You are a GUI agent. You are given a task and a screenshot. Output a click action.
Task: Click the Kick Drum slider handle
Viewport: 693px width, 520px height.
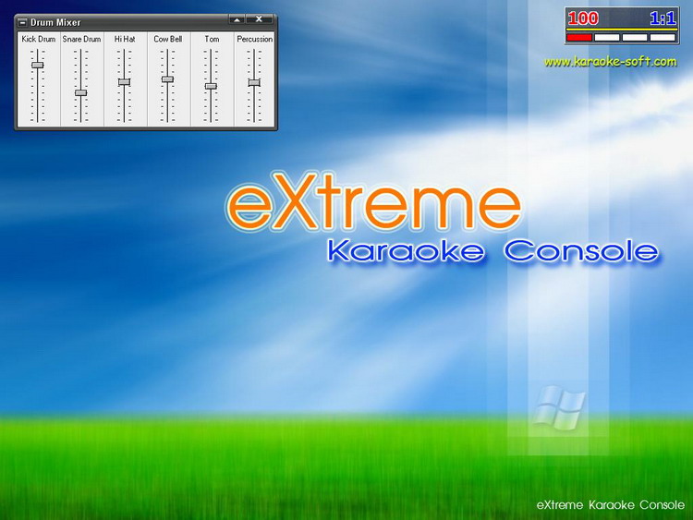[x=38, y=65]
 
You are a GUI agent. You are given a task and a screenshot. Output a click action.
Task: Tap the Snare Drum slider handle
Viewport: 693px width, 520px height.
[x=81, y=92]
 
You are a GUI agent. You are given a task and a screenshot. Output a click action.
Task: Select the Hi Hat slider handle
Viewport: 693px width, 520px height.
[x=124, y=81]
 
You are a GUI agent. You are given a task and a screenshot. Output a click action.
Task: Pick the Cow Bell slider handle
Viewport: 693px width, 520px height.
[x=167, y=79]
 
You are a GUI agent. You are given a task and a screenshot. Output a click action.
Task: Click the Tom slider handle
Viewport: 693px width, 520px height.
[x=211, y=86]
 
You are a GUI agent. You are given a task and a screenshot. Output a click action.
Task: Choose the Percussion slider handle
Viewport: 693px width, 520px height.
[x=254, y=82]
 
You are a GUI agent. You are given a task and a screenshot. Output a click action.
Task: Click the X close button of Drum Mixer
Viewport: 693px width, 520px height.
[x=259, y=19]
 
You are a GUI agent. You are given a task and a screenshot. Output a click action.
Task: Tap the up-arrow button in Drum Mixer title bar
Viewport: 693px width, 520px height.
[x=237, y=19]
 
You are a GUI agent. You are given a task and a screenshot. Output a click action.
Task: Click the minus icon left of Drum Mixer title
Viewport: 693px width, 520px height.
[x=22, y=22]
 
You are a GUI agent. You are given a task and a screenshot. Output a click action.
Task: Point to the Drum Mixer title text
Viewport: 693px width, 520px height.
[x=55, y=22]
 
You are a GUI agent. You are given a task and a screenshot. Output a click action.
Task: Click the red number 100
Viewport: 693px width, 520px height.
[x=583, y=18]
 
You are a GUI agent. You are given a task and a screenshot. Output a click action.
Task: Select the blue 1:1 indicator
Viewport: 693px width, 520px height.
[x=663, y=18]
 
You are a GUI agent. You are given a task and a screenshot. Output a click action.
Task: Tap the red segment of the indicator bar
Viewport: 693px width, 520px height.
[x=579, y=38]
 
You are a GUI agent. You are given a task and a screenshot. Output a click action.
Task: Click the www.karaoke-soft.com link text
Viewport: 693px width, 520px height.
[x=611, y=61]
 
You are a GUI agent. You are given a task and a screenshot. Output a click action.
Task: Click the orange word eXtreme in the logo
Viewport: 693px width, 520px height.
[x=374, y=202]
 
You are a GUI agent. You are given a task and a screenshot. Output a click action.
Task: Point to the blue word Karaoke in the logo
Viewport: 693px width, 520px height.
[x=406, y=250]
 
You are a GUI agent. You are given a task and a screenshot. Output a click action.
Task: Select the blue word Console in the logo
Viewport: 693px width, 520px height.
[x=581, y=250]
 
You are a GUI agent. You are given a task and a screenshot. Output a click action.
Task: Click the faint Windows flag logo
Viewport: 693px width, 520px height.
[x=559, y=407]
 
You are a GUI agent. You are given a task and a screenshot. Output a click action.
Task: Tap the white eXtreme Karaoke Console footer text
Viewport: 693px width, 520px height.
[x=611, y=505]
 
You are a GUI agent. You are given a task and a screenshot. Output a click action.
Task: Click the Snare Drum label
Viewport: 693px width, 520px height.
[x=81, y=39]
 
